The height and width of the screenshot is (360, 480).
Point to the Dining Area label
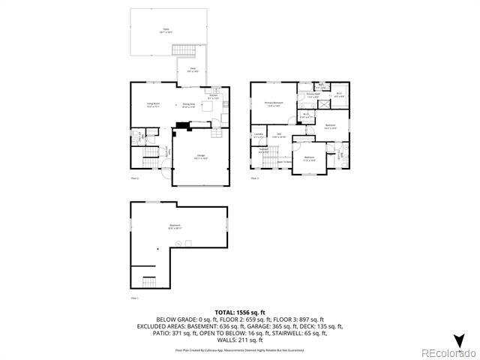(x=190, y=106)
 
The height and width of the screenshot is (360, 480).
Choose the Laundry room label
(x=258, y=136)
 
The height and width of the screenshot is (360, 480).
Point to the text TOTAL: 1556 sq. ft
(x=239, y=311)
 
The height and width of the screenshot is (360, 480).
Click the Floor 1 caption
(x=135, y=298)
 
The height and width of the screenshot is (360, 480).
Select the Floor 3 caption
(x=255, y=178)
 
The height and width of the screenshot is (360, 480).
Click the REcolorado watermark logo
(x=447, y=352)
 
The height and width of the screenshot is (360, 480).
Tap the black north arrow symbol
(x=459, y=339)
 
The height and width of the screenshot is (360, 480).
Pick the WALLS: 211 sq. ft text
(x=239, y=340)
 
